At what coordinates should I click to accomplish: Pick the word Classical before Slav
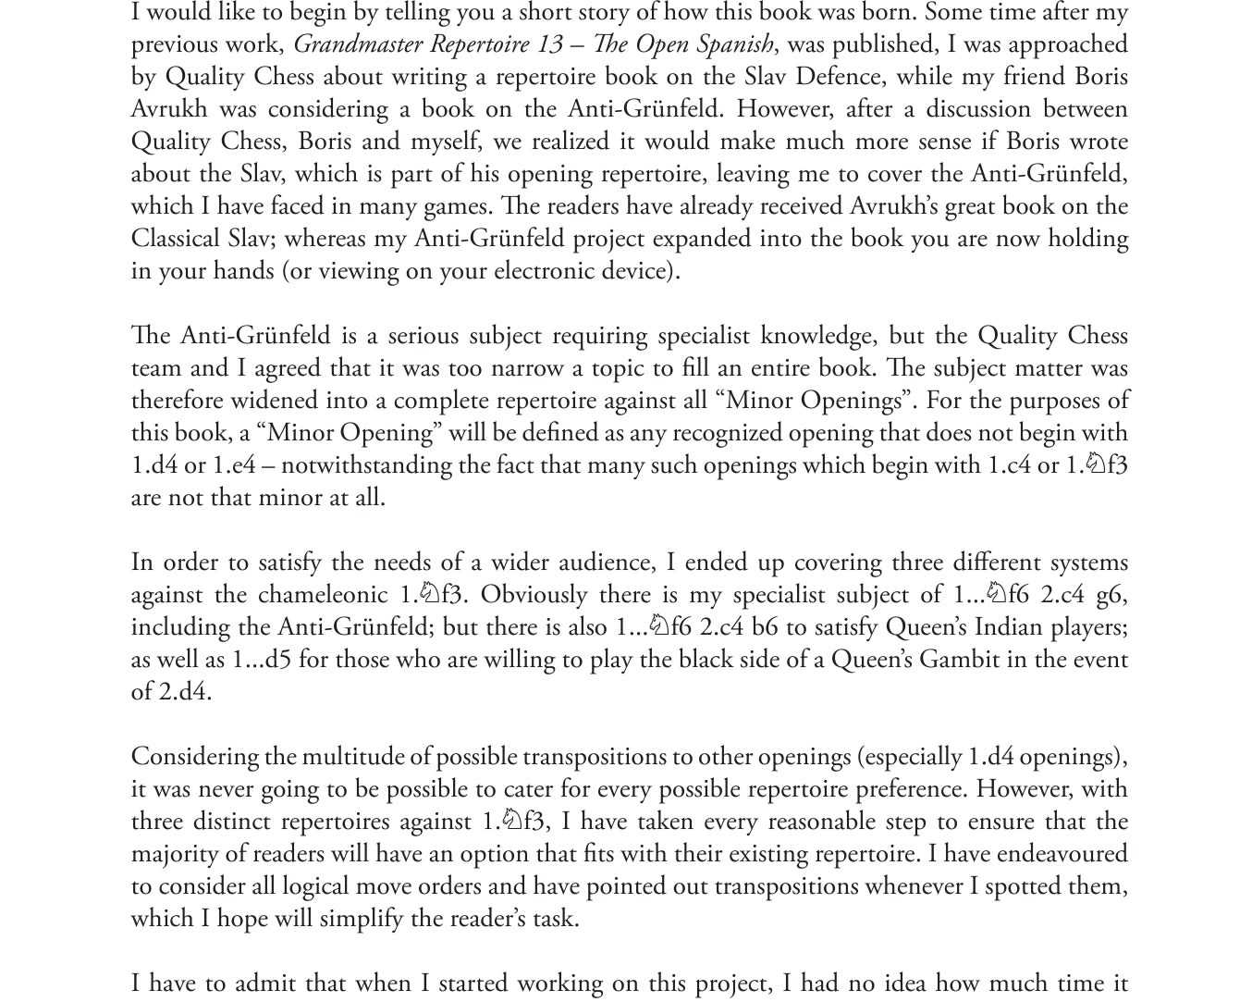click(176, 239)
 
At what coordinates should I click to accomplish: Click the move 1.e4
click(234, 465)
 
